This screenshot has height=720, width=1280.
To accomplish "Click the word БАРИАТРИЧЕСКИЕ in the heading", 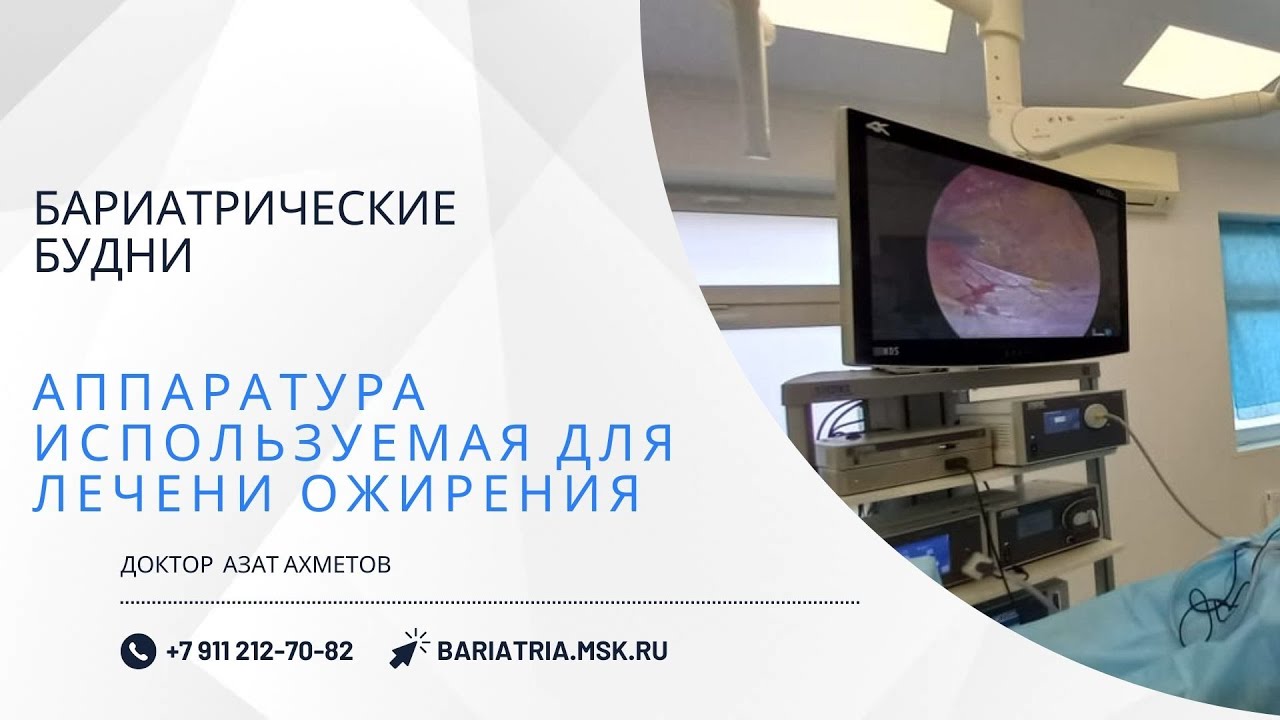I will [x=245, y=209].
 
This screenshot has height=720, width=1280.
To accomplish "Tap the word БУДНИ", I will [x=113, y=257].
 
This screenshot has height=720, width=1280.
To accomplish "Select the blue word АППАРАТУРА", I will [x=230, y=393].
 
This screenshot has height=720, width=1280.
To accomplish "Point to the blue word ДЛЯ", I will [x=620, y=444].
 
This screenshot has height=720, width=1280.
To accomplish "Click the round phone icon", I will [x=138, y=651].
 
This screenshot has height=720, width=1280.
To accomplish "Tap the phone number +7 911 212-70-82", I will [x=259, y=651].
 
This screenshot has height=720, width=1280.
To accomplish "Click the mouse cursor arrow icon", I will [x=408, y=649].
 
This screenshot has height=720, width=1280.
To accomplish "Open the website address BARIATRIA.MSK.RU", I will [x=552, y=651].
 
